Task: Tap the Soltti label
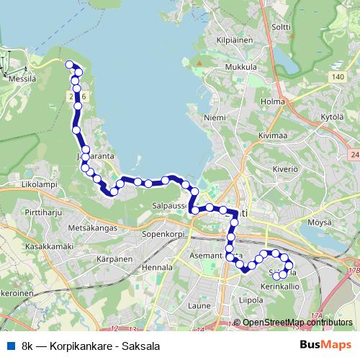(x=281, y=27)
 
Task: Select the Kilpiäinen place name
(x=235, y=40)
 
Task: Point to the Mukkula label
(x=240, y=68)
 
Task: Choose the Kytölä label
(x=332, y=116)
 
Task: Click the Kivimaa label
(x=273, y=134)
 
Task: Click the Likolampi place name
(x=40, y=185)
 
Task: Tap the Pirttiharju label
(x=41, y=215)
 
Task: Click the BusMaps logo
(x=325, y=345)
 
